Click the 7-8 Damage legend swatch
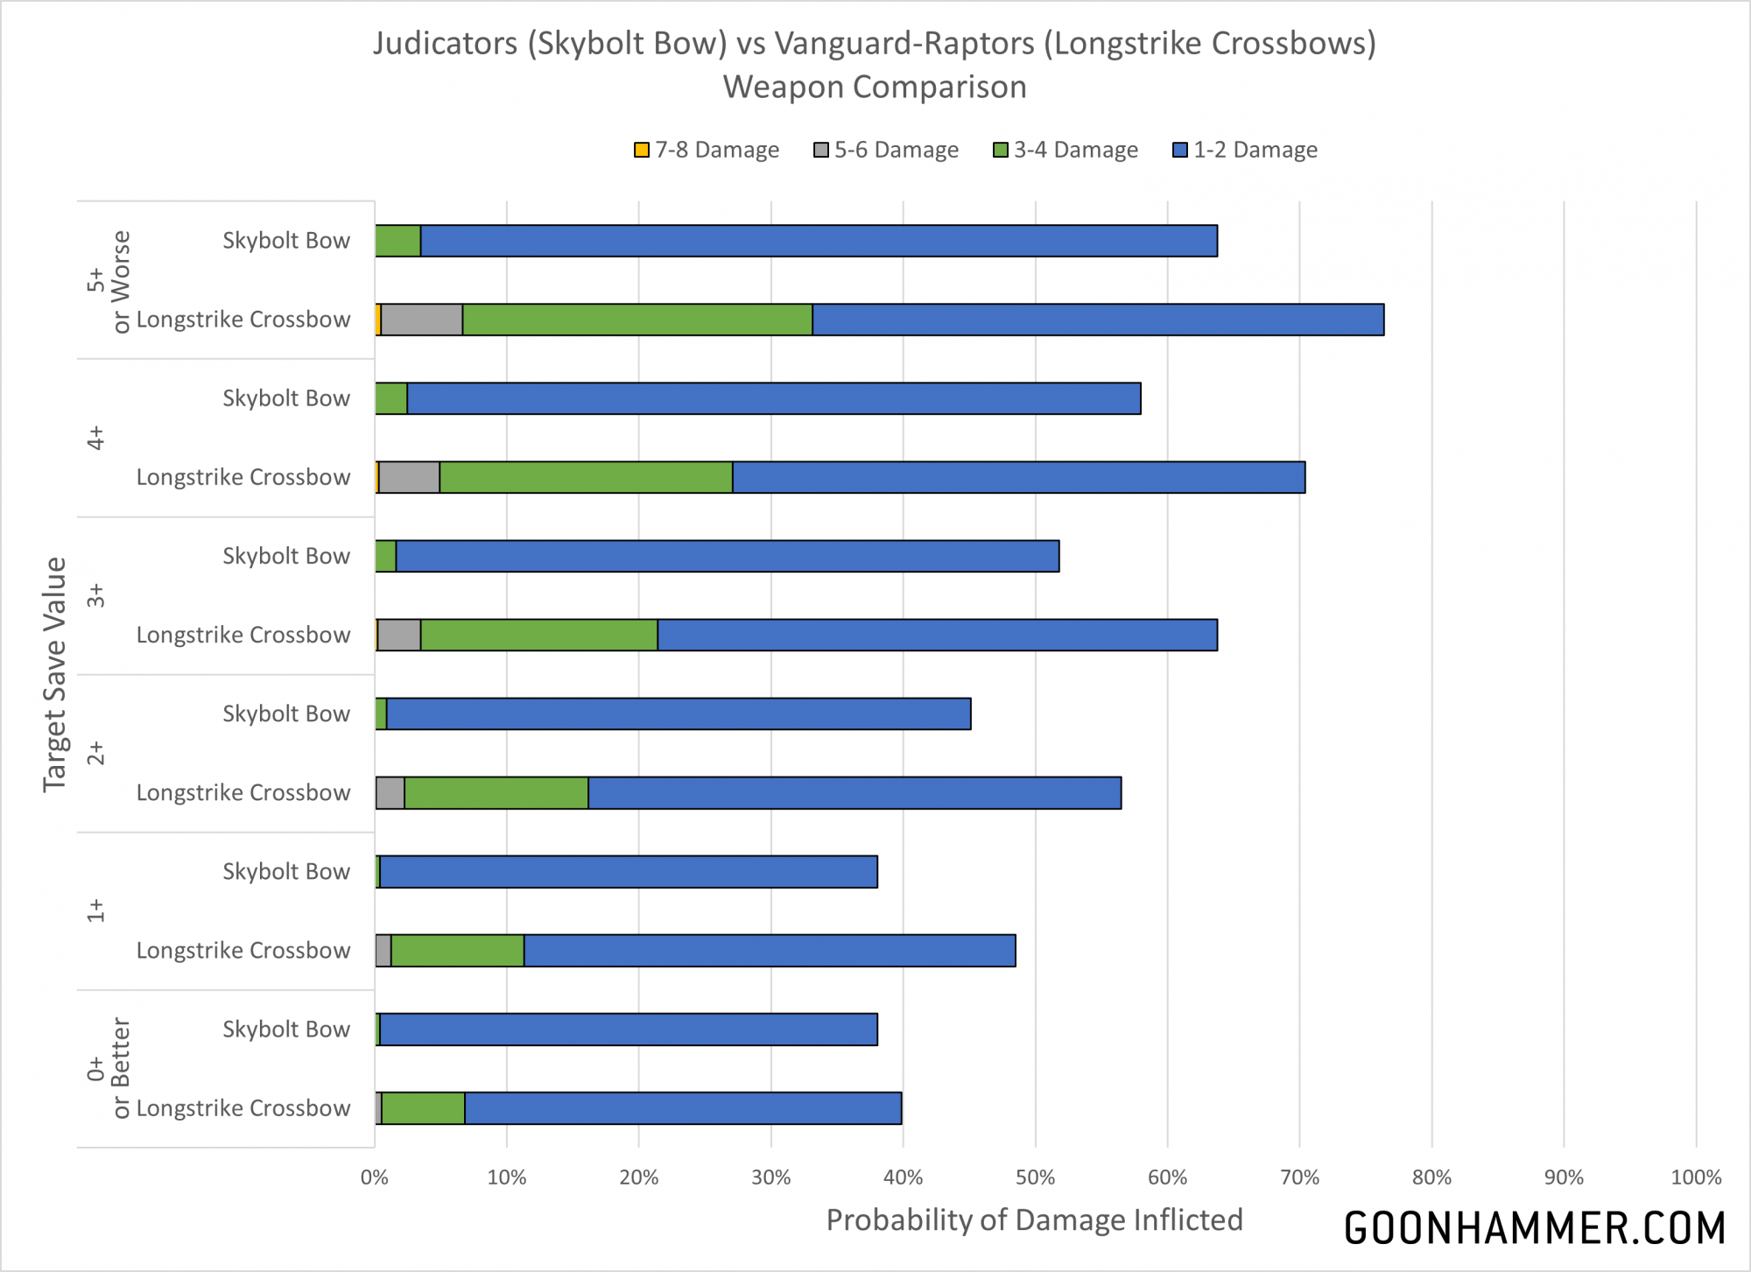tap(642, 150)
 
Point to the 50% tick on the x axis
tap(1035, 1177)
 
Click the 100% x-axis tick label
tap(1696, 1177)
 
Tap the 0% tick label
tap(375, 1177)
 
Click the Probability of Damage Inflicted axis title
tap(1034, 1219)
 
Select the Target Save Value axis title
tap(54, 674)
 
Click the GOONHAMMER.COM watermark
tap(1534, 1228)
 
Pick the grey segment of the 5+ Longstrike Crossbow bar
tap(421, 320)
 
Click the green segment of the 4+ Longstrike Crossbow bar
tap(586, 477)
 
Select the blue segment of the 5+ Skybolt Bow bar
tap(819, 241)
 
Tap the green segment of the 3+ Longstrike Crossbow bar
tap(538, 635)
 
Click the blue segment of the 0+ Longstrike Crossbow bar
tap(683, 1108)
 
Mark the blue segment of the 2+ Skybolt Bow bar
tap(679, 713)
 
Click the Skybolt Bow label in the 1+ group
tap(286, 871)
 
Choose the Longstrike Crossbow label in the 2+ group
tap(243, 792)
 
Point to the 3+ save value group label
tap(96, 595)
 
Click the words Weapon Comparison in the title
tap(875, 87)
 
